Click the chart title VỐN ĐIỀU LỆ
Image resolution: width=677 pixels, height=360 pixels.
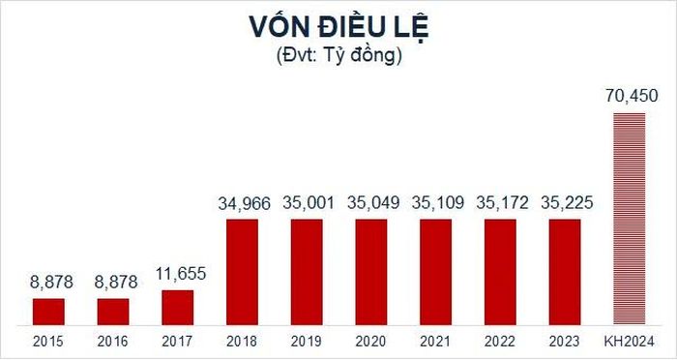[x=338, y=27]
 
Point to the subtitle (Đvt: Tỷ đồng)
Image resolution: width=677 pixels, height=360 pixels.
[x=338, y=57]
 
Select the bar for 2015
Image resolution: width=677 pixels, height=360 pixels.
[x=48, y=312]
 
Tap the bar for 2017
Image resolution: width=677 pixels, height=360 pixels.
[x=177, y=308]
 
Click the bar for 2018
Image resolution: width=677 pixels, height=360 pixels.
[x=242, y=272]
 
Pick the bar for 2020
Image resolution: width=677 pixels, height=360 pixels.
[x=371, y=272]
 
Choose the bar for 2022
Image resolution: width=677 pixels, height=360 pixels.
[x=500, y=272]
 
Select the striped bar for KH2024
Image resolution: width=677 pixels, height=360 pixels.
[x=630, y=219]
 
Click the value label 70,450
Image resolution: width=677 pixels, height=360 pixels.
[x=632, y=96]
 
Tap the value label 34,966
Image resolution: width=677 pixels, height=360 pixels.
[x=244, y=203]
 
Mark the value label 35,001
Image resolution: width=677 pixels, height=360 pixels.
[x=309, y=202]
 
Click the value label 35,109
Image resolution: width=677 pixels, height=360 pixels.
[x=437, y=202]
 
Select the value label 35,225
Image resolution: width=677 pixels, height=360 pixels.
[x=567, y=202]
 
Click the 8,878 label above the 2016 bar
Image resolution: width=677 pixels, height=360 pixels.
[x=116, y=283]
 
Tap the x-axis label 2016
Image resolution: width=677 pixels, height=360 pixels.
[x=113, y=342]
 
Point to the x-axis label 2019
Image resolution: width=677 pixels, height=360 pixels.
[x=307, y=342]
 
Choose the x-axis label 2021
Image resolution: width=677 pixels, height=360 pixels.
[x=435, y=342]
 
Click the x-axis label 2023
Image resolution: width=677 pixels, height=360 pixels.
[x=565, y=342]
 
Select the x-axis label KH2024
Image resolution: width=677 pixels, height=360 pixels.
[x=630, y=342]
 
